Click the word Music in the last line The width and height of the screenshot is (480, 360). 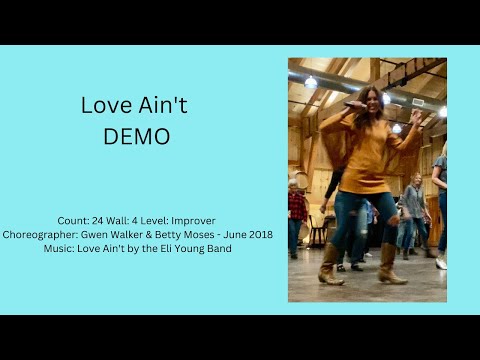coord(61,248)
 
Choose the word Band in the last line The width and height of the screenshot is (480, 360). coord(218,248)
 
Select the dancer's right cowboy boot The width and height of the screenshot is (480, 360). coord(331,264)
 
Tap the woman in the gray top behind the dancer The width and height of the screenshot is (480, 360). coord(412,205)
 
